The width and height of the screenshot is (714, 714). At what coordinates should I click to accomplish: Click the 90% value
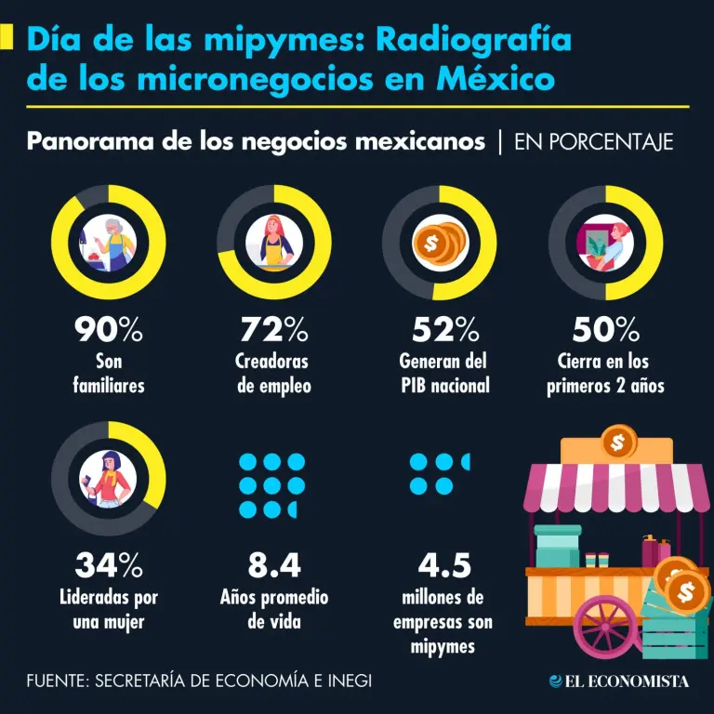108,329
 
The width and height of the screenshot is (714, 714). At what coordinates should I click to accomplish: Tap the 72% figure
273,329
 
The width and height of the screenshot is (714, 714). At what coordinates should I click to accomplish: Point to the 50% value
606,329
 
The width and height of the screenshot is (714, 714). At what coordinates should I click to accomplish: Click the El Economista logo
619,681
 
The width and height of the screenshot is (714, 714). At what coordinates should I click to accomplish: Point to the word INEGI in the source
345,681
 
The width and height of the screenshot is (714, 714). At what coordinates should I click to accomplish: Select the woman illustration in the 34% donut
110,478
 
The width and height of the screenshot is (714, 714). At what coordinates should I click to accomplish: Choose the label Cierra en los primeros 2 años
606,374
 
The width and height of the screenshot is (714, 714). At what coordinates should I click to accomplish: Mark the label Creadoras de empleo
273,374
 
